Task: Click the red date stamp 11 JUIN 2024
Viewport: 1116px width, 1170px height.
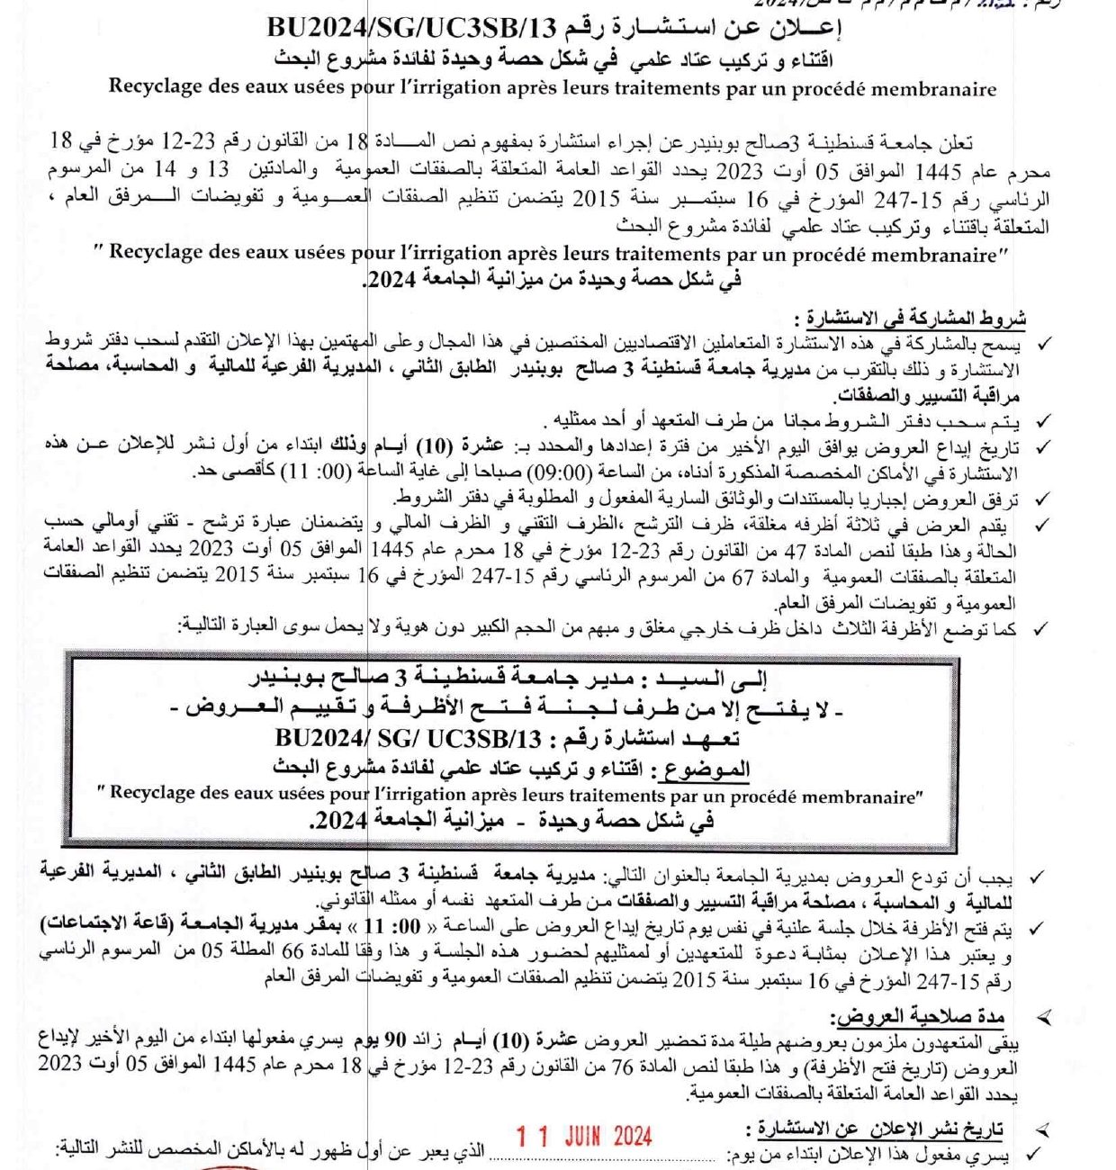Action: pyautogui.click(x=584, y=1136)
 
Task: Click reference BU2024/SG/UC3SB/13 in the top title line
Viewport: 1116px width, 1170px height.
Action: pyautogui.click(x=407, y=28)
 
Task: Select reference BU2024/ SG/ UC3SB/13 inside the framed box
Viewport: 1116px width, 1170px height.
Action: pyautogui.click(x=409, y=739)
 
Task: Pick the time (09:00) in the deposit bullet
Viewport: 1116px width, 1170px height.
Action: pyautogui.click(x=566, y=472)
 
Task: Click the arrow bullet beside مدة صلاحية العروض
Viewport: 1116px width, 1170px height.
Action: pyautogui.click(x=1044, y=1018)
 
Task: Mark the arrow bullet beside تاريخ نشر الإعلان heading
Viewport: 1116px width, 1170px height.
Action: pyautogui.click(x=1043, y=1129)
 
